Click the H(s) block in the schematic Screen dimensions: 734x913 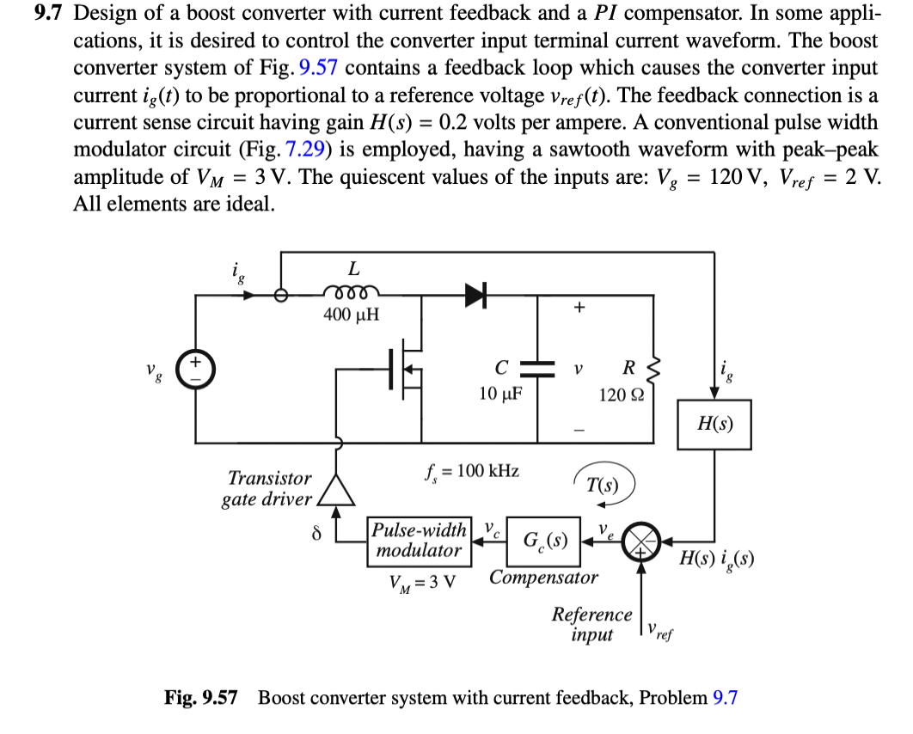pyautogui.click(x=714, y=424)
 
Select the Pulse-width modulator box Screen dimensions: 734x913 pyautogui.click(x=420, y=540)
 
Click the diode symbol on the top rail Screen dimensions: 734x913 pyautogui.click(x=475, y=294)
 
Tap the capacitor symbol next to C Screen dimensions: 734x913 pyautogui.click(x=538, y=368)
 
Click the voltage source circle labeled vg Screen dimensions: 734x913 pyautogui.click(x=195, y=368)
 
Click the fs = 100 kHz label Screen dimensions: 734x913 pyautogui.click(x=472, y=470)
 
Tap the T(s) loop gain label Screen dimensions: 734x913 pyautogui.click(x=603, y=483)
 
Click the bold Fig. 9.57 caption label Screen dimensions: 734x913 pyautogui.click(x=200, y=697)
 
